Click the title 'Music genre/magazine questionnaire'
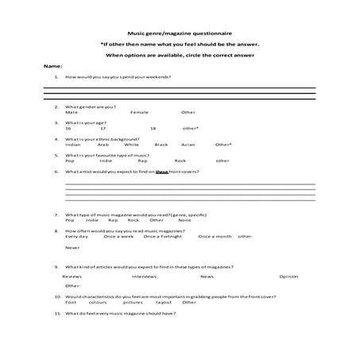(180, 33)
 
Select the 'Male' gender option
(72, 112)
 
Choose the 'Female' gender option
(139, 112)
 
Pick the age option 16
(69, 128)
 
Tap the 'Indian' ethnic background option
(73, 145)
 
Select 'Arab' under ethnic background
(103, 145)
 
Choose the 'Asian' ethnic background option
(188, 145)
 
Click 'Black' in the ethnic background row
(161, 145)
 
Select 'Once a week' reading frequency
(118, 236)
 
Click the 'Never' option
(72, 247)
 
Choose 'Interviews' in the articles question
(144, 276)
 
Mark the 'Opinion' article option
(288, 276)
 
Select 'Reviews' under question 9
(72, 276)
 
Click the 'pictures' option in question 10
(134, 302)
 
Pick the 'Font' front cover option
(70, 302)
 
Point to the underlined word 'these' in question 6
(162, 171)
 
